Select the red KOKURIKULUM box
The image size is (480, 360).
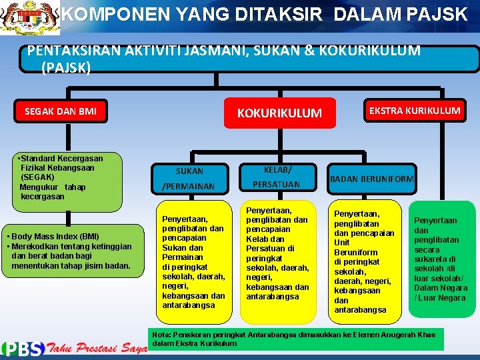[x=279, y=113]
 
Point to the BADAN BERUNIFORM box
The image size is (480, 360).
[x=372, y=179]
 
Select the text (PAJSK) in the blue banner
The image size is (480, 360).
[x=66, y=67]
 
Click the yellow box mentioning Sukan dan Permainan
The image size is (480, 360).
[x=193, y=261]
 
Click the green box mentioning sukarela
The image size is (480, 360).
[x=440, y=259]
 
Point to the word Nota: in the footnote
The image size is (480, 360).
[x=163, y=335]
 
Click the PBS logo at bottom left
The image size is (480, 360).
[x=23, y=348]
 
